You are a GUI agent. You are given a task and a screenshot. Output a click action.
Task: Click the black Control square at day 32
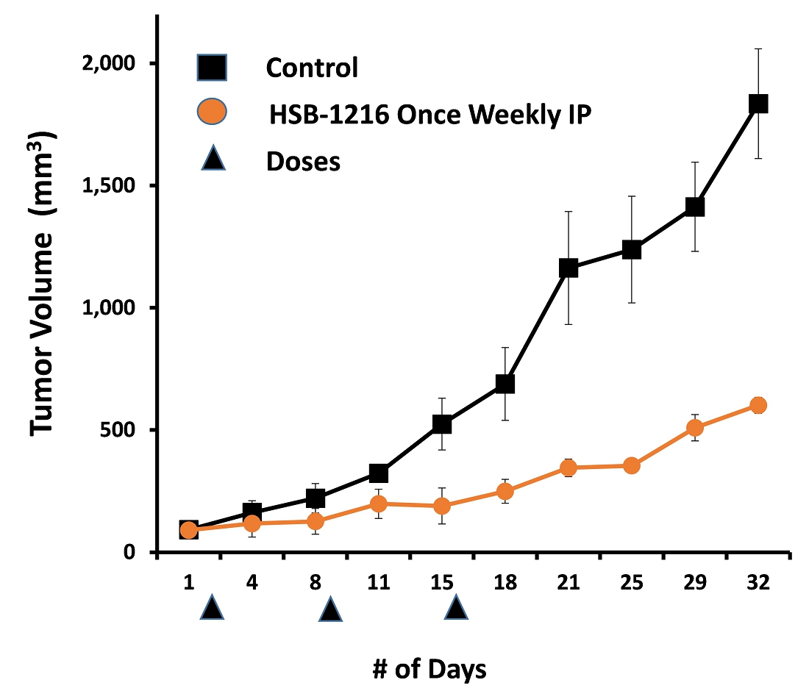click(x=758, y=104)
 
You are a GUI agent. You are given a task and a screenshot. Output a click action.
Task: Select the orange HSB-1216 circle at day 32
click(x=758, y=405)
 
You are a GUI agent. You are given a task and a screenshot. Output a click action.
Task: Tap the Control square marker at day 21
click(x=568, y=268)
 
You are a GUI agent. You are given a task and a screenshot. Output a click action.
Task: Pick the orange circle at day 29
click(x=695, y=428)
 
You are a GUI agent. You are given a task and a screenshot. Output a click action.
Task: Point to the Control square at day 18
click(x=505, y=384)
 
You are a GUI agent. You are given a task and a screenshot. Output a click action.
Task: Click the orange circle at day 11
click(x=379, y=504)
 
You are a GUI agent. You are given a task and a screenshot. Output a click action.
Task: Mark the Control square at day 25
click(x=632, y=250)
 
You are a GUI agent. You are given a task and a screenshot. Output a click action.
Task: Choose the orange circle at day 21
click(x=568, y=468)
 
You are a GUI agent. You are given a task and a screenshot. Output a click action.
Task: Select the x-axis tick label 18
click(x=505, y=583)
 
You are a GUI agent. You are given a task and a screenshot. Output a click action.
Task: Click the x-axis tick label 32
click(x=758, y=583)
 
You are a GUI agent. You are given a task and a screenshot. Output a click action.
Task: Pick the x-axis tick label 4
click(x=252, y=583)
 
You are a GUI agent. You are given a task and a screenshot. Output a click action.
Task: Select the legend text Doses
click(x=303, y=161)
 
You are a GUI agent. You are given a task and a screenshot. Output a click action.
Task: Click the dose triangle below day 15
click(x=456, y=608)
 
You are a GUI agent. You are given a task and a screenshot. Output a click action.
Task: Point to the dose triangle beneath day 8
click(x=331, y=609)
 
